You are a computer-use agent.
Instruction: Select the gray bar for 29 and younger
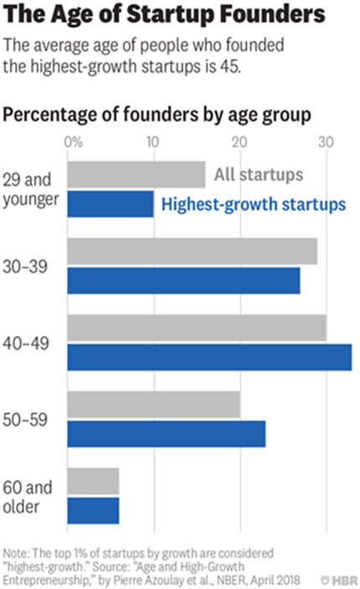coord(136,174)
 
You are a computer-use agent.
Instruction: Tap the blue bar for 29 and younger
coord(111,204)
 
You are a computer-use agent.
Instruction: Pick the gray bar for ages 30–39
coord(192,251)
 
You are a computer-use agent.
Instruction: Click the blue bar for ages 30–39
coord(183,281)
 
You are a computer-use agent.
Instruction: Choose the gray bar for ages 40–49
coord(197,328)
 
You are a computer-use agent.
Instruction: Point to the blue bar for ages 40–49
coord(209,357)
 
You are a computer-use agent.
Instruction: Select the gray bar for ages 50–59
coord(153,405)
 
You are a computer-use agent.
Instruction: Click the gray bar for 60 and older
coord(93,481)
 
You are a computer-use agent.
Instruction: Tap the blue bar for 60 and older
coord(93,510)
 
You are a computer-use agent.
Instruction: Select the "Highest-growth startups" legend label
coord(252,204)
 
